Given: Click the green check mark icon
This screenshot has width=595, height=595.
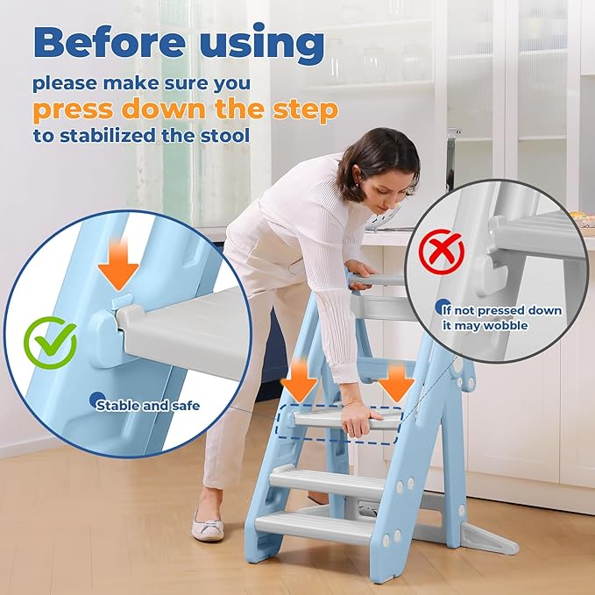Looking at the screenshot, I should [49, 343].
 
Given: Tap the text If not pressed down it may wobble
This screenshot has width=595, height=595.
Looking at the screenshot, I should [497, 316].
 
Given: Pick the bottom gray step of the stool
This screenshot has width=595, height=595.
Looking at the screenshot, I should [315, 526].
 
